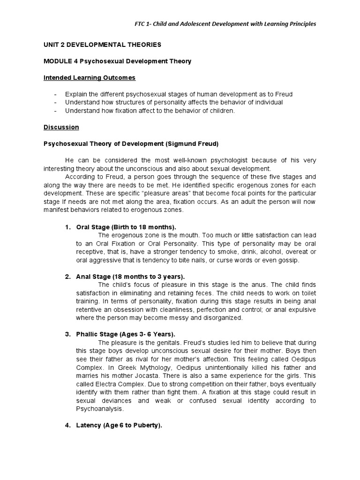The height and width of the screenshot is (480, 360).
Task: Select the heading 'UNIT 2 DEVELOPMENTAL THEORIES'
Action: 102,45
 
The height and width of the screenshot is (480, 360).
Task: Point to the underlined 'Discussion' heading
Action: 61,127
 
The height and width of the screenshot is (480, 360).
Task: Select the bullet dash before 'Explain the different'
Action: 56,94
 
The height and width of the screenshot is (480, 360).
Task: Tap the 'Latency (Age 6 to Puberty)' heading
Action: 119,425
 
